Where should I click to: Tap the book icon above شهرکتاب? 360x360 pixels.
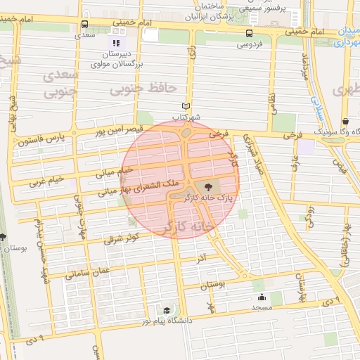click(186, 105)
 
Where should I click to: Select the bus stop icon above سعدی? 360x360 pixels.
click(85, 24)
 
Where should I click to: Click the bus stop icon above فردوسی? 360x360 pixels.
click(249, 33)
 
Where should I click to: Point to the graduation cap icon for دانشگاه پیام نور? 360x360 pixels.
click(167, 310)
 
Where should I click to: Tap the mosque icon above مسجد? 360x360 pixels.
click(262, 296)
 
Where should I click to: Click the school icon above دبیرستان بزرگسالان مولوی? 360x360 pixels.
click(116, 43)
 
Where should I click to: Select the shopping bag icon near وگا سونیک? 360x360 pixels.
click(345, 121)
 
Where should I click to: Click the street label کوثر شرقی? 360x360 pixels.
click(123, 240)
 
